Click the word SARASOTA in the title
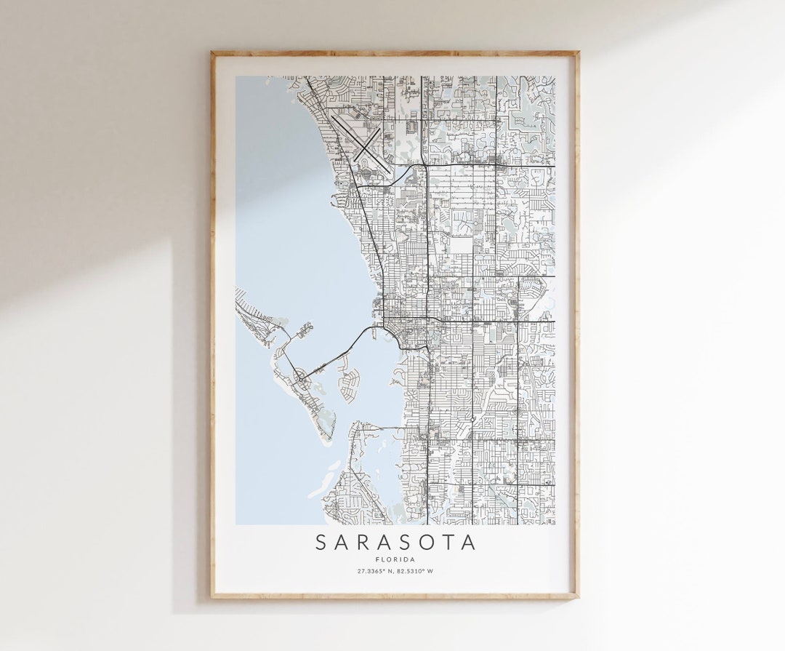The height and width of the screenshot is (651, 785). tap(395, 543)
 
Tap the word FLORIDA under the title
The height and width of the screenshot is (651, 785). tap(395, 559)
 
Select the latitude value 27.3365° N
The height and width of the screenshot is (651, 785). tap(376, 571)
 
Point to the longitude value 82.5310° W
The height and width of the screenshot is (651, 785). tap(416, 571)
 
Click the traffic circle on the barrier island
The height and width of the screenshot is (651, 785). tap(299, 378)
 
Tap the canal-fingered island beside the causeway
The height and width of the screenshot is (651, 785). tap(350, 379)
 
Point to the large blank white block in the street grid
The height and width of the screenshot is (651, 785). tap(460, 245)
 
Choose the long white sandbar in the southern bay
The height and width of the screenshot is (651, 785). tap(324, 480)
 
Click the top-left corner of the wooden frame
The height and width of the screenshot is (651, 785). tap(212, 52)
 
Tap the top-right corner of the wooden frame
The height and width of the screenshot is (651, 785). tap(578, 52)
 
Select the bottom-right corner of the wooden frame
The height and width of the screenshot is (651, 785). tap(578, 598)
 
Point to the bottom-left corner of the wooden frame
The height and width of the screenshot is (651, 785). tap(212, 598)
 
